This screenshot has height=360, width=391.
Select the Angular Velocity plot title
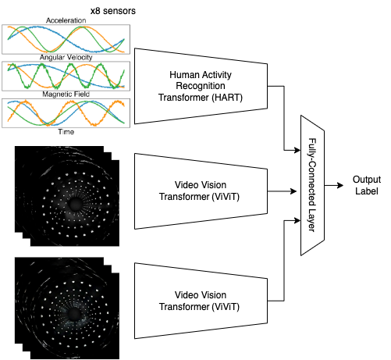tap(67, 57)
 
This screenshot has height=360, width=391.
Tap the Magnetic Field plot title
tap(67, 94)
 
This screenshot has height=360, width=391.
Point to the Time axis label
tap(67, 131)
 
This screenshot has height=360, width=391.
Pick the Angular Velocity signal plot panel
tap(67, 76)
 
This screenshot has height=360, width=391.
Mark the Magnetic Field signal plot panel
tap(67, 112)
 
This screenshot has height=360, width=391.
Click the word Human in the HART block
tap(185, 74)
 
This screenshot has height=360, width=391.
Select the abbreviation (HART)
tap(232, 98)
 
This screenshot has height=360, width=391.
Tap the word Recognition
tap(201, 86)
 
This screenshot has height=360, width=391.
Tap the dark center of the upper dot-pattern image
tap(76, 204)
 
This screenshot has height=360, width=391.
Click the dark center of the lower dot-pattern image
tap(76, 312)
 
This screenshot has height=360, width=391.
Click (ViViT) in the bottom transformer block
tap(233, 306)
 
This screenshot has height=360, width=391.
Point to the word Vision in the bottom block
tap(215, 294)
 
